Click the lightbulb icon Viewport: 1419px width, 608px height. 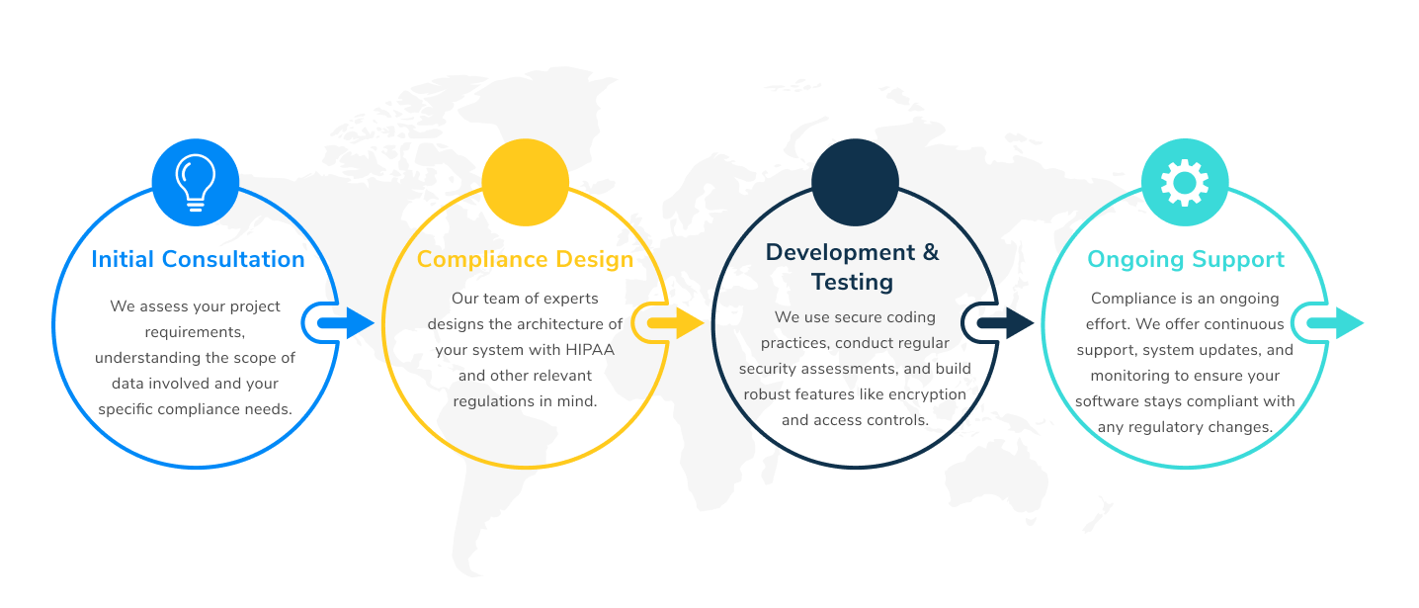[196, 182]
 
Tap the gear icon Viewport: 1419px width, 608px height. [1185, 182]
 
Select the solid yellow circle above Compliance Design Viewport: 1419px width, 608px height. [525, 182]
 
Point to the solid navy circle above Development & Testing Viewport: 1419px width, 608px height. [855, 182]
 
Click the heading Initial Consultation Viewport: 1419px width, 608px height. [198, 259]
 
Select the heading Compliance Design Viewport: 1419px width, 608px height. [525, 259]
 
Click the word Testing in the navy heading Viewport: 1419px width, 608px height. [852, 283]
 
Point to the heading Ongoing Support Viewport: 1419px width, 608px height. [1186, 259]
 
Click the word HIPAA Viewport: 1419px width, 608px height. [590, 350]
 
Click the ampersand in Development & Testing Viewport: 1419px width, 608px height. [930, 253]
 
